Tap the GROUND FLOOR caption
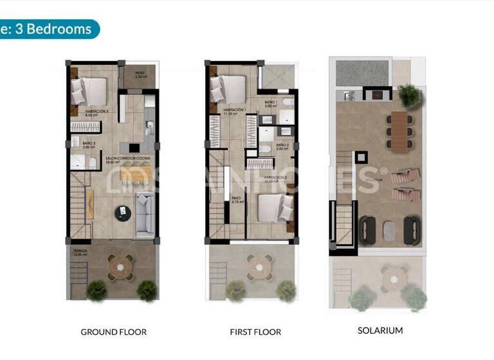pos(113,332)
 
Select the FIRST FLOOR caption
pos(255,332)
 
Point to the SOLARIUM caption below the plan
pos(380,330)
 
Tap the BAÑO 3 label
pos(79,145)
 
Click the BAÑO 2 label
pos(282,146)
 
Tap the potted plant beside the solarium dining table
pos(408,96)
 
